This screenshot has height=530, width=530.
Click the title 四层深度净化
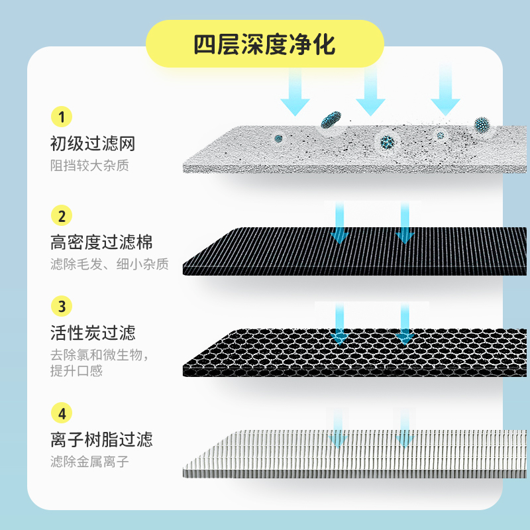point(264,44)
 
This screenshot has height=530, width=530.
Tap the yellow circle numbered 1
point(61,118)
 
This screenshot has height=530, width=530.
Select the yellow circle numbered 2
point(61,216)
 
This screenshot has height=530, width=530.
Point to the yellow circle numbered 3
point(61,306)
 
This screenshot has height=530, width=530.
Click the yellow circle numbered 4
point(61,414)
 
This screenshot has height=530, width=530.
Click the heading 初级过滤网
point(93,143)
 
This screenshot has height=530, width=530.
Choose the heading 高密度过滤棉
point(101,241)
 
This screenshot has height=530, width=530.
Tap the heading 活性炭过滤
point(93,332)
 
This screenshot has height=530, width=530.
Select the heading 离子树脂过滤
point(101,439)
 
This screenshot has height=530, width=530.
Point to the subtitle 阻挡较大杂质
point(89,165)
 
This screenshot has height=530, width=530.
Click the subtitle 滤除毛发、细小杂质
point(109,264)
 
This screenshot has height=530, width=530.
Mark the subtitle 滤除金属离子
point(89,462)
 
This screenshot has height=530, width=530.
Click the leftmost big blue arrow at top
point(295,93)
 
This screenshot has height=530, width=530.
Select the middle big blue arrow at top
point(370,93)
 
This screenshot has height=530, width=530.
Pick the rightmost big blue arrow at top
point(445,93)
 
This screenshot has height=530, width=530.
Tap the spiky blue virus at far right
point(482,125)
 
